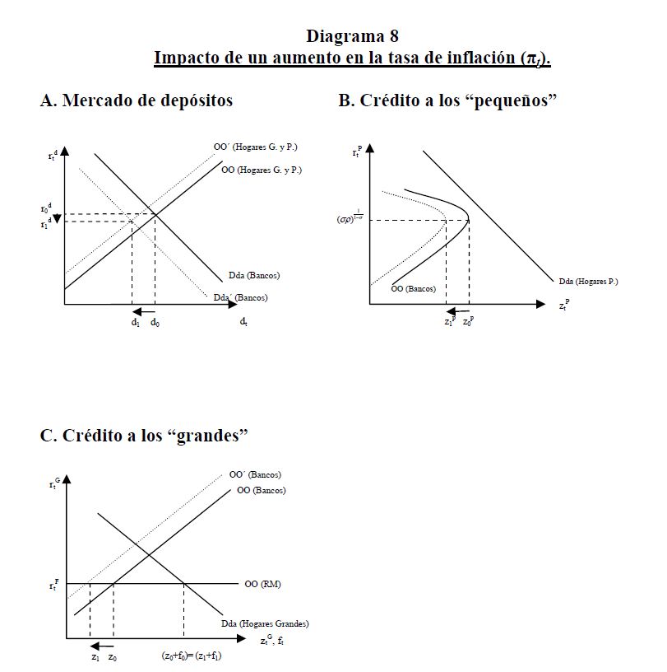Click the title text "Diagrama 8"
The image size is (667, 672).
[x=352, y=36]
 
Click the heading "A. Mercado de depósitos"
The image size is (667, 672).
[x=137, y=100]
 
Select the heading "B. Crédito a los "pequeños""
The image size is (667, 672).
[x=448, y=100]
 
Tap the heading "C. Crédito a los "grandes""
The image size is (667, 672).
[x=144, y=436]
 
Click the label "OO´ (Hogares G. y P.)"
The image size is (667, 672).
[x=256, y=147]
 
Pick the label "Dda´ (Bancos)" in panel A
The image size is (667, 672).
[x=240, y=297]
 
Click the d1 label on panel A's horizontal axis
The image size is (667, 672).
[x=135, y=323]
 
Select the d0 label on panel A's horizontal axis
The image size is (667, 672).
[x=155, y=323]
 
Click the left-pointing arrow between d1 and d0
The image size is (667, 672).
[x=144, y=311]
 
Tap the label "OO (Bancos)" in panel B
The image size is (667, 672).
[x=414, y=288]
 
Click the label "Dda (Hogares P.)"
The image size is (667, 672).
[x=587, y=282]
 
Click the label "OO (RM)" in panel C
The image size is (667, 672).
[x=262, y=584]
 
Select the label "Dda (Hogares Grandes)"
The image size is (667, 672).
[x=265, y=623]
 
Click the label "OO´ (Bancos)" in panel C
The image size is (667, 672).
[x=254, y=474]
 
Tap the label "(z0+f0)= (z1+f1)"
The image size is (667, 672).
[x=192, y=656]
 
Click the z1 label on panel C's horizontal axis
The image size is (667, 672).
[x=95, y=656]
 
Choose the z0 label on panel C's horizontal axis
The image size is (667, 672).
[x=112, y=656]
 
